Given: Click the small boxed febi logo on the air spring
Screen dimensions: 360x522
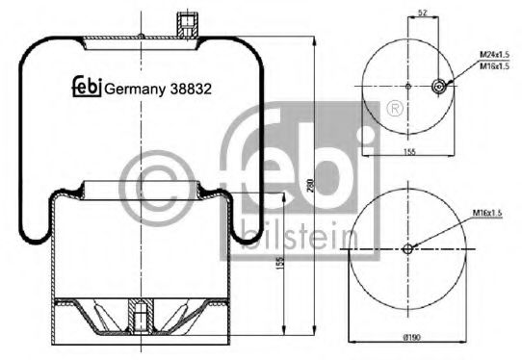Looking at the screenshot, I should pyautogui.click(x=87, y=88).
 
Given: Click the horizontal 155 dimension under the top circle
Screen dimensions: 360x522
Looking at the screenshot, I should pyautogui.click(x=410, y=152).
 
